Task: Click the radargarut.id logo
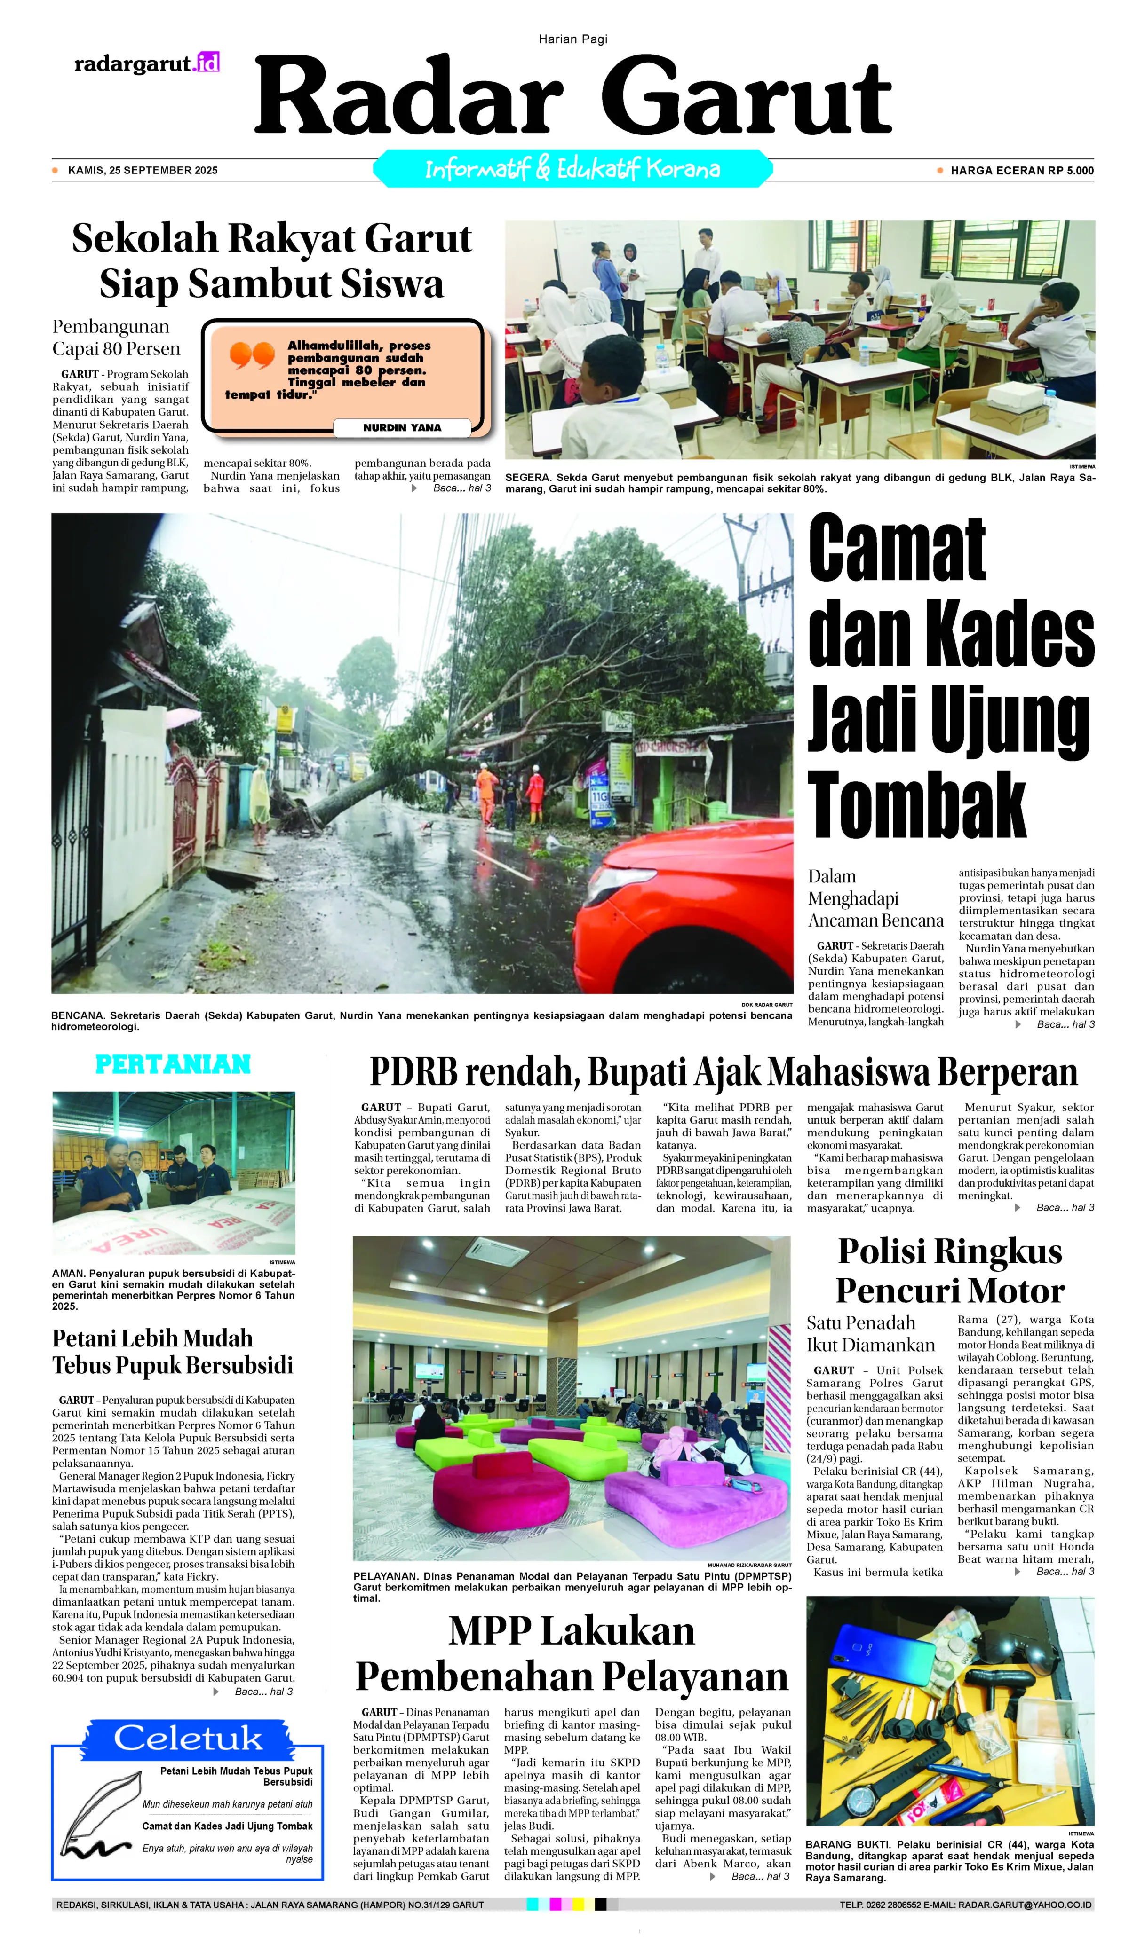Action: coord(147,63)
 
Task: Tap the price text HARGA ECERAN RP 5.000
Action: coord(1021,171)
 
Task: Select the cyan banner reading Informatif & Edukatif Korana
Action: coord(572,169)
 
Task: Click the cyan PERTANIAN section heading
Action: coord(173,1064)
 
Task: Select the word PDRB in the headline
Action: coord(413,1072)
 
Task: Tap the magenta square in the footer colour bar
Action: coord(555,1905)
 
